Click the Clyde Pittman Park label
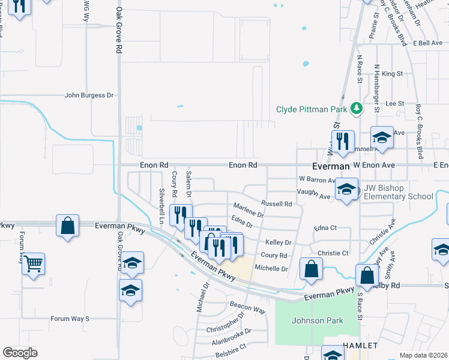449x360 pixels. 312,109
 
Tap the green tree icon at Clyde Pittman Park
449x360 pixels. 357,108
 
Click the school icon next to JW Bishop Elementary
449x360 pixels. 346,190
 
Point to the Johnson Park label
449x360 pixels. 318,320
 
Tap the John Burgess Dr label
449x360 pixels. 89,95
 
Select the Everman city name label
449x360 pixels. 330,166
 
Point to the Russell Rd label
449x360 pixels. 277,204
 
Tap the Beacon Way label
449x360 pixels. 247,307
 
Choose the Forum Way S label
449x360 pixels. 70,319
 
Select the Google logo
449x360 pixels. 20,353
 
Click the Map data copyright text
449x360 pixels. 423,355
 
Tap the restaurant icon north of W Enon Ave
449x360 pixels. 342,141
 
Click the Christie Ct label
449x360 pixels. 333,253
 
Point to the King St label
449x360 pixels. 391,73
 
